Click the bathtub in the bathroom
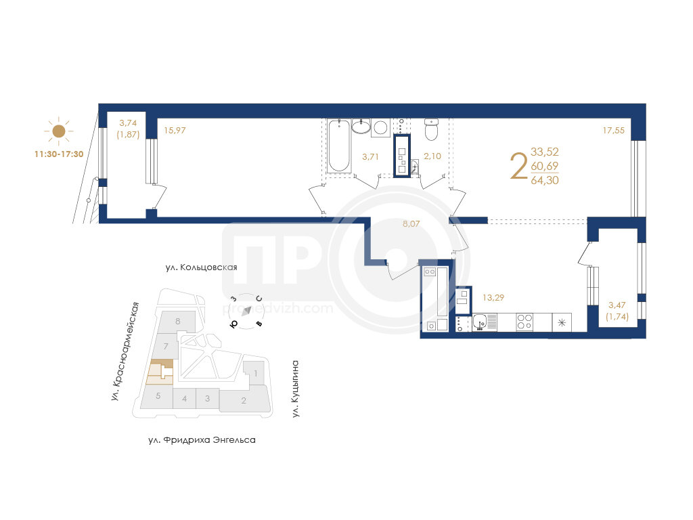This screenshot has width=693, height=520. coord(340,146)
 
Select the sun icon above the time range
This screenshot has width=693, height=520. coord(59,131)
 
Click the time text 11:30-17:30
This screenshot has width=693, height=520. coord(59,154)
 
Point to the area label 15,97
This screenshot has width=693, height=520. coord(175,131)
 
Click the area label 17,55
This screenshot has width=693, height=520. coord(613,131)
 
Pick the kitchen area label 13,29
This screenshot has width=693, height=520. coord(493,298)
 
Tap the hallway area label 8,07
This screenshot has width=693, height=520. coord(411,223)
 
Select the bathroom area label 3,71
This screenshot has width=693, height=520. coord(370,156)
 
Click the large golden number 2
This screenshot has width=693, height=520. coord(519,166)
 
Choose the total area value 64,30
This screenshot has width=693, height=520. coord(545,180)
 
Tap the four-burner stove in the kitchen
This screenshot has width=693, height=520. coord(524,322)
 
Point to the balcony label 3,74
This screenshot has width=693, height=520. coord(128,123)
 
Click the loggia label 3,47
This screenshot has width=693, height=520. coord(617,305)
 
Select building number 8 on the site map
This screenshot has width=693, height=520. coord(178,322)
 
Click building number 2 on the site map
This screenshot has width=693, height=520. coord(244,401)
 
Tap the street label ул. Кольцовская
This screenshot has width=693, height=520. coord(201,267)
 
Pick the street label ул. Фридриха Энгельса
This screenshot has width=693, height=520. coord(202,440)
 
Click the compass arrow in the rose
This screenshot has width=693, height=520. coord(246,310)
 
